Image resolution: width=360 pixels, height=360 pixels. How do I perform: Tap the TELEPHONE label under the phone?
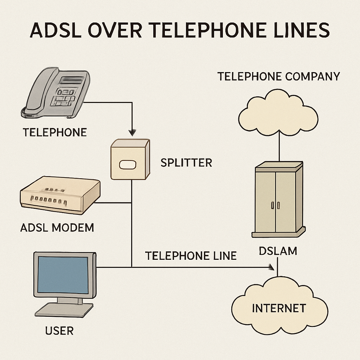[54, 133]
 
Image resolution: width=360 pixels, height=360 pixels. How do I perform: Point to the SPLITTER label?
[186, 163]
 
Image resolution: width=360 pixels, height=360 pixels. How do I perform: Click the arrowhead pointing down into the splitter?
[131, 133]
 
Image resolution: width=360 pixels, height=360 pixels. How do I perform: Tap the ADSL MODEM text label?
[57, 227]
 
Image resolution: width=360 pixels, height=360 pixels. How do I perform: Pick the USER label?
[59, 331]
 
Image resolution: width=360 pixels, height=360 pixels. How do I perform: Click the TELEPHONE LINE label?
[191, 256]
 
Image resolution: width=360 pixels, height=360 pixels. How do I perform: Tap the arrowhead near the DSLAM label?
[271, 267]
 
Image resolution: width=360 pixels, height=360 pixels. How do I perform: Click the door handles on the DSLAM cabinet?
[275, 205]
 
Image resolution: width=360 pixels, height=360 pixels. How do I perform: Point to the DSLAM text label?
[278, 251]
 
